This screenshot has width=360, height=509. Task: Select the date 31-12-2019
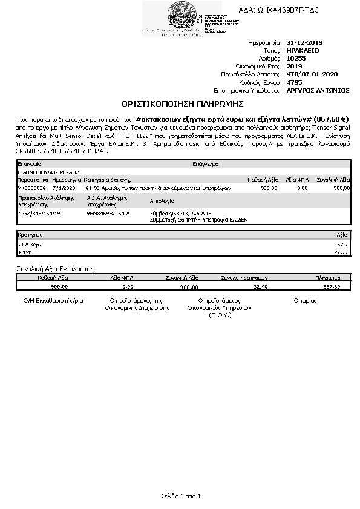tap(305, 43)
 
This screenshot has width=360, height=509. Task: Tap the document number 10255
tap(296, 59)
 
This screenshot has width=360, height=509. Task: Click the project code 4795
tap(294, 82)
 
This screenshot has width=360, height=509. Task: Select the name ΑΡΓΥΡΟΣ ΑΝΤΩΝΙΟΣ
tap(318, 90)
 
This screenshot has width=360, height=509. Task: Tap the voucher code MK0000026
tap(31, 188)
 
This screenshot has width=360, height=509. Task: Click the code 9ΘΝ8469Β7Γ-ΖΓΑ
tap(108, 214)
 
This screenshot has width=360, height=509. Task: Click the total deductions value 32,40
tap(260, 286)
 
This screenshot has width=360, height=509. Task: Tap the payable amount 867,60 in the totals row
tap(332, 286)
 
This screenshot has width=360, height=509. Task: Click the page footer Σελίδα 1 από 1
tap(180, 496)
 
